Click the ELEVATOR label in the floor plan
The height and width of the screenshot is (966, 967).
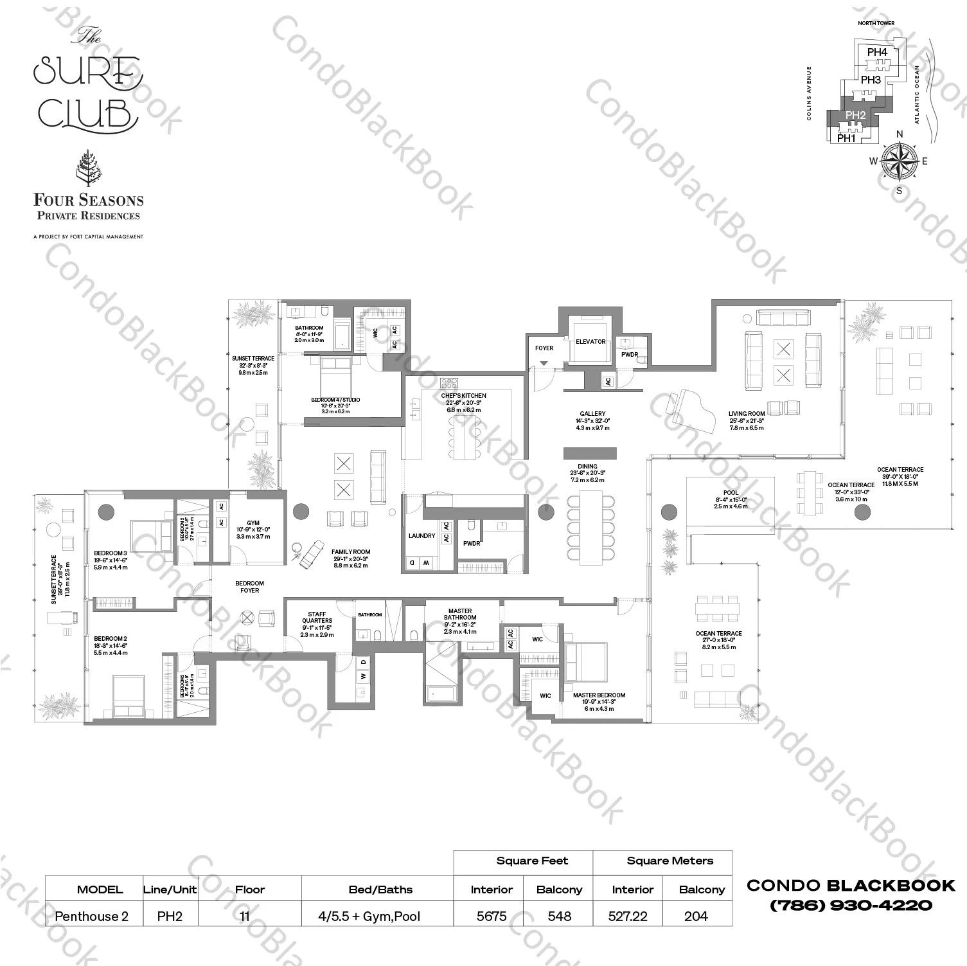[x=590, y=341]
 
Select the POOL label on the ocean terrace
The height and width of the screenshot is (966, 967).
[x=731, y=492]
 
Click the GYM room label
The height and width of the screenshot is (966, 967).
[x=253, y=524]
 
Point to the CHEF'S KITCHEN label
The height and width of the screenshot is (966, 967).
[x=463, y=396]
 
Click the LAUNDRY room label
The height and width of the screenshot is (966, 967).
[x=421, y=535]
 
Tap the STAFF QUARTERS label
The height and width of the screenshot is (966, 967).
[x=317, y=618]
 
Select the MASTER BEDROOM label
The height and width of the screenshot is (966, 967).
[x=599, y=695]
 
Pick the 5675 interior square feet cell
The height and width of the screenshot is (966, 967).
[x=492, y=916]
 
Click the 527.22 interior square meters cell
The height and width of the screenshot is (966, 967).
[x=627, y=916]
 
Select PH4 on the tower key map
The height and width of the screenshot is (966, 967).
[x=876, y=52]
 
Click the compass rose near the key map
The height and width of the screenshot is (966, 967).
[x=899, y=161]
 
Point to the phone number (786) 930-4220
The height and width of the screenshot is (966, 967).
[x=851, y=905]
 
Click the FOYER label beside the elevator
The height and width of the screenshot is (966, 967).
[x=544, y=348]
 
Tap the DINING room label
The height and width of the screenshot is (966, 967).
[x=587, y=467]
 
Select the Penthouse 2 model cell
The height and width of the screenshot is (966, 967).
[x=91, y=916]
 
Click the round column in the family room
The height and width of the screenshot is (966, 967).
[x=301, y=512]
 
